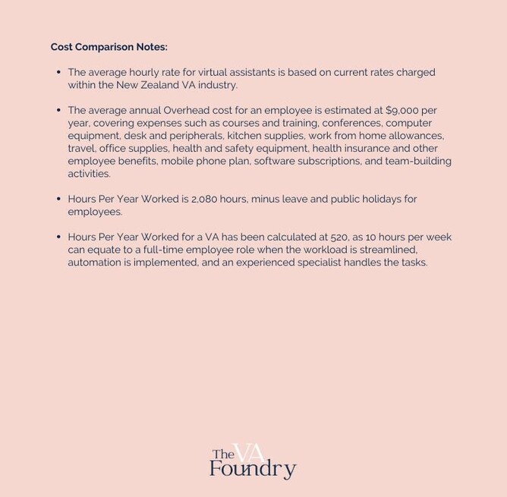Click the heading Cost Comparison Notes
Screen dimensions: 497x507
(x=109, y=47)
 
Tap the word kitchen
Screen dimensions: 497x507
(x=244, y=136)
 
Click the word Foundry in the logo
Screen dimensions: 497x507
(x=252, y=469)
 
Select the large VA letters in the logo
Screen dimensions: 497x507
(x=249, y=453)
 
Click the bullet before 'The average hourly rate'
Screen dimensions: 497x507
(x=58, y=72)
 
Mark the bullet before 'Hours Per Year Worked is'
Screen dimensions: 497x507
(x=58, y=199)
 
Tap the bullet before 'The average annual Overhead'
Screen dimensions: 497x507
(x=58, y=110)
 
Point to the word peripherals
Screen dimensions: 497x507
(x=194, y=136)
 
